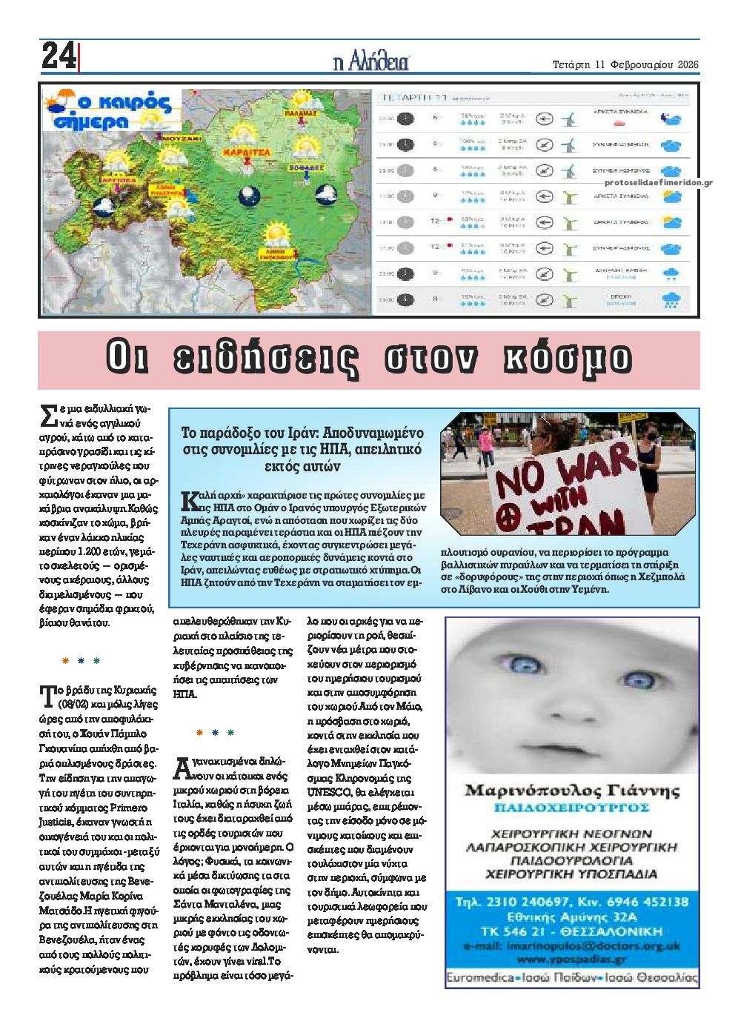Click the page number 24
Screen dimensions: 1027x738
click(59, 56)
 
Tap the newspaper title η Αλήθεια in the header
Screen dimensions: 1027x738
click(370, 62)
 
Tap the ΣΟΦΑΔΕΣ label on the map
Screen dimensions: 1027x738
click(307, 168)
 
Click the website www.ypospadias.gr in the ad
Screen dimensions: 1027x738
click(571, 960)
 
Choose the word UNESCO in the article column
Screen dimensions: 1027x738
click(324, 791)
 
